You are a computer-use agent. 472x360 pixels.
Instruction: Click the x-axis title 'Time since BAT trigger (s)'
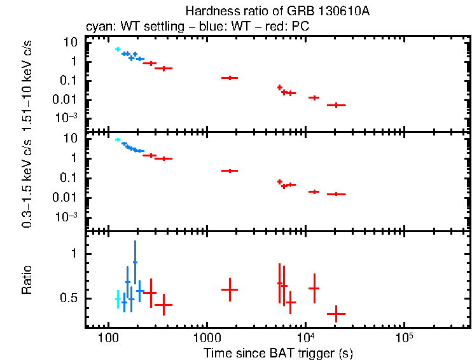(x=278, y=352)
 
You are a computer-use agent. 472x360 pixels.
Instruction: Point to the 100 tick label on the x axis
(x=108, y=337)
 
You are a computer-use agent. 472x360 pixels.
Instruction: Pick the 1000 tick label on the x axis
(x=206, y=337)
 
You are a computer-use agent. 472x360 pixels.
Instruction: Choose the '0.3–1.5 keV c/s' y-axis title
(x=27, y=182)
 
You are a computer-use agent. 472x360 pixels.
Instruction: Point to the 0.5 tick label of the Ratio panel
(x=73, y=298)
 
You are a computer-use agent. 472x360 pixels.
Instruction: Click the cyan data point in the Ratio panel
(x=118, y=299)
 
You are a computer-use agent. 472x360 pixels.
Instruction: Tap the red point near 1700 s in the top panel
(x=229, y=78)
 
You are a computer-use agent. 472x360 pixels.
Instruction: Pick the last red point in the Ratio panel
(x=336, y=313)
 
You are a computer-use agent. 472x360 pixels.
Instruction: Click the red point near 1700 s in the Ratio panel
(x=229, y=289)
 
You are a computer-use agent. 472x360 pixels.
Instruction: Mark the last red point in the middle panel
(x=336, y=194)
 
